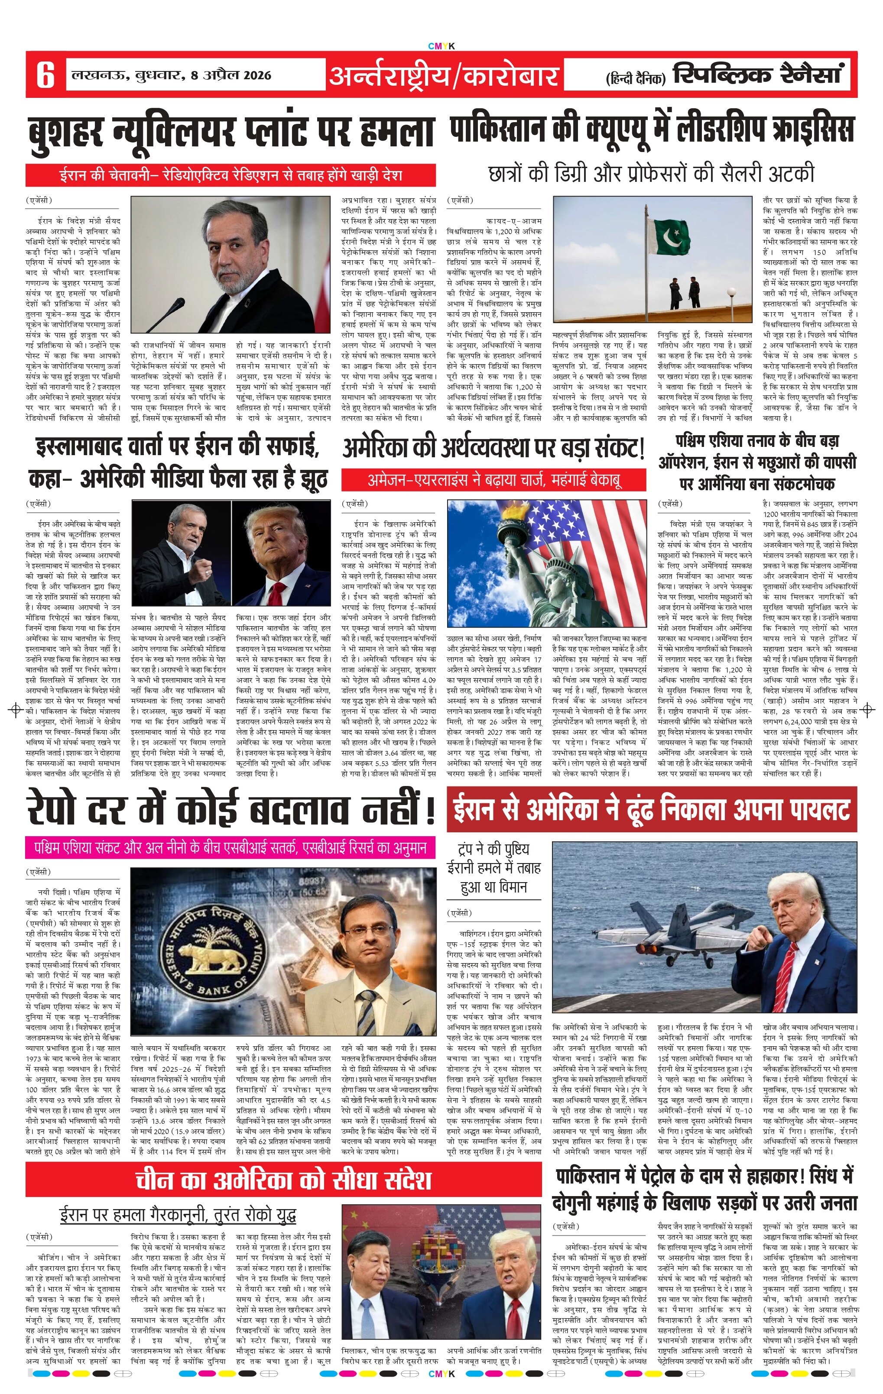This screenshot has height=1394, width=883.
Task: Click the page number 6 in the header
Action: pyautogui.click(x=45, y=74)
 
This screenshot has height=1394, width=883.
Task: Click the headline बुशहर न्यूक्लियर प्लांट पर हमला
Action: pyautogui.click(x=231, y=131)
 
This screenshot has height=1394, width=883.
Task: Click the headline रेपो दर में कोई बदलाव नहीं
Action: pyautogui.click(x=230, y=809)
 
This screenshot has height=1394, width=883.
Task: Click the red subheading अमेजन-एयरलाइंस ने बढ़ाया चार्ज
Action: pyautogui.click(x=494, y=480)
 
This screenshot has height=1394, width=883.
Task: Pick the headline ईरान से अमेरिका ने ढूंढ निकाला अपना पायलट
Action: pyautogui.click(x=651, y=809)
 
